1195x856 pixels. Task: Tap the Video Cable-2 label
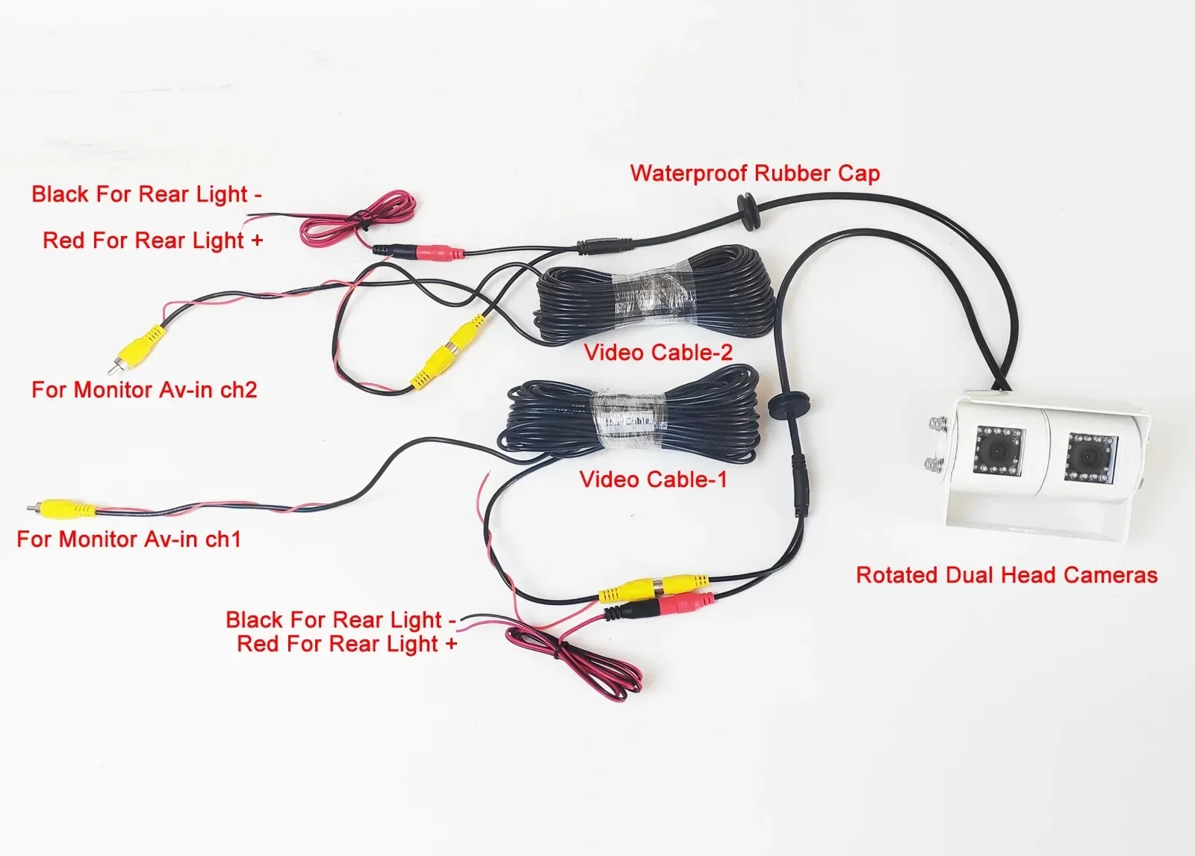pos(658,352)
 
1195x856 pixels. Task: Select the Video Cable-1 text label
pos(653,479)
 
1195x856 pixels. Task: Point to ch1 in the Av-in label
pos(222,539)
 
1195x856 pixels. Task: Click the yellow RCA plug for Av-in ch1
pos(67,509)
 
